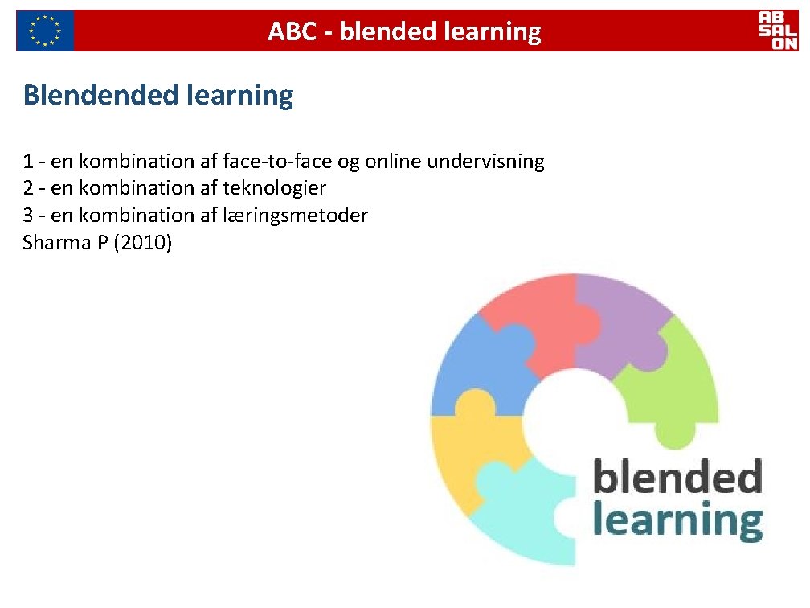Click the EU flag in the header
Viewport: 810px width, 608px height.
point(45,31)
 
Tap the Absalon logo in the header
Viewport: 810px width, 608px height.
point(778,31)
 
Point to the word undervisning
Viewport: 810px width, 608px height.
point(486,162)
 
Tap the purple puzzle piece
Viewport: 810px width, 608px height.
point(619,322)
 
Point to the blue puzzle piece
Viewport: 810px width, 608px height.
point(478,370)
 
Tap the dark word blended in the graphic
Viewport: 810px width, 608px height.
point(677,478)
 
